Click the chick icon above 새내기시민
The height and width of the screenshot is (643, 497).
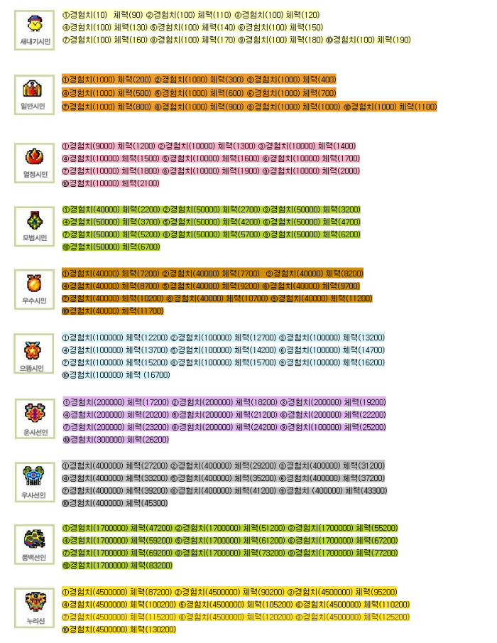coord(33,24)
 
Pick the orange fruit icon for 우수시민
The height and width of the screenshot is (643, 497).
coord(33,283)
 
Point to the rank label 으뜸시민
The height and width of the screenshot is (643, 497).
coord(33,369)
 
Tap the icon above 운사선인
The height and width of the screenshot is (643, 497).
coord(33,413)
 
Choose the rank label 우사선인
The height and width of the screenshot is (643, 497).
coord(33,495)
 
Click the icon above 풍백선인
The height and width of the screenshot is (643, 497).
coord(33,539)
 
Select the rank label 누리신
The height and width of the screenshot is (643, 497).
coord(33,622)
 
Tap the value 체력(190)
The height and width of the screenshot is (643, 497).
coord(394,40)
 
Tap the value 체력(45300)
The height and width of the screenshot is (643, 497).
coord(145,503)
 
